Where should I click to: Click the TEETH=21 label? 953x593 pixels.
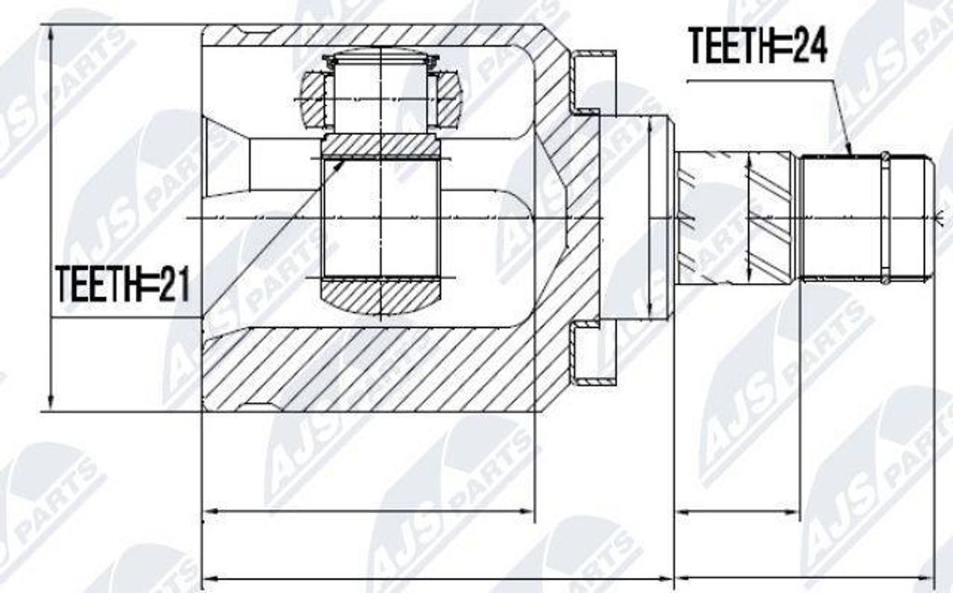tap(122, 284)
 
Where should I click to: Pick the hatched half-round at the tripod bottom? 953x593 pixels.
tap(382, 297)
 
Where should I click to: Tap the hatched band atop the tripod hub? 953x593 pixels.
tap(382, 145)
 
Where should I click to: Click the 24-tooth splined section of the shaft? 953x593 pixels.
tap(842, 217)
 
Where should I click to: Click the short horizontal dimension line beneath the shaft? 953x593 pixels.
tap(736, 511)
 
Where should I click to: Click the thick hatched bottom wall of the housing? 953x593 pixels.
tap(372, 372)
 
